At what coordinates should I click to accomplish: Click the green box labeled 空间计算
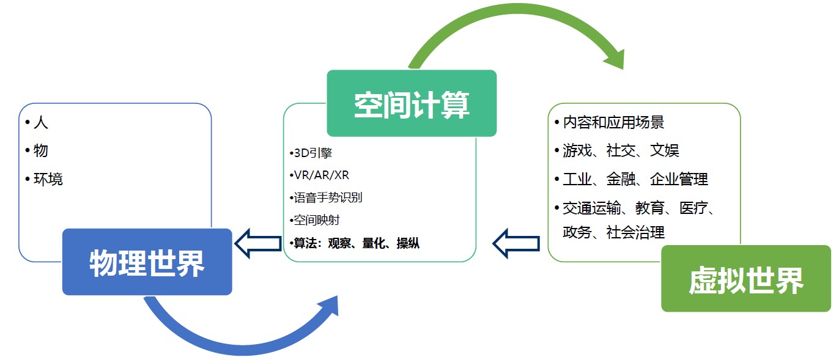pyautogui.click(x=412, y=103)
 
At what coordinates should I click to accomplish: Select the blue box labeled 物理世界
pyautogui.click(x=147, y=262)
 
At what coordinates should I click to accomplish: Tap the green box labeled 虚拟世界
pyautogui.click(x=745, y=279)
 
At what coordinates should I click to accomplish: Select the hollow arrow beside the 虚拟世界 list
pyautogui.click(x=516, y=243)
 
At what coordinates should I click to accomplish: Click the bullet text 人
pyautogui.click(x=40, y=123)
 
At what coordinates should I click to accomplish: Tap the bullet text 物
pyautogui.click(x=40, y=151)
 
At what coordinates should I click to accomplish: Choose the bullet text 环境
pyautogui.click(x=48, y=179)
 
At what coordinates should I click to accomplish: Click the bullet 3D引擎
pyautogui.click(x=313, y=153)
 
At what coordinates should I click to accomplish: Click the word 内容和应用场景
pyautogui.click(x=613, y=122)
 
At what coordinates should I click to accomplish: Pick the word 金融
pyautogui.click(x=622, y=179)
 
